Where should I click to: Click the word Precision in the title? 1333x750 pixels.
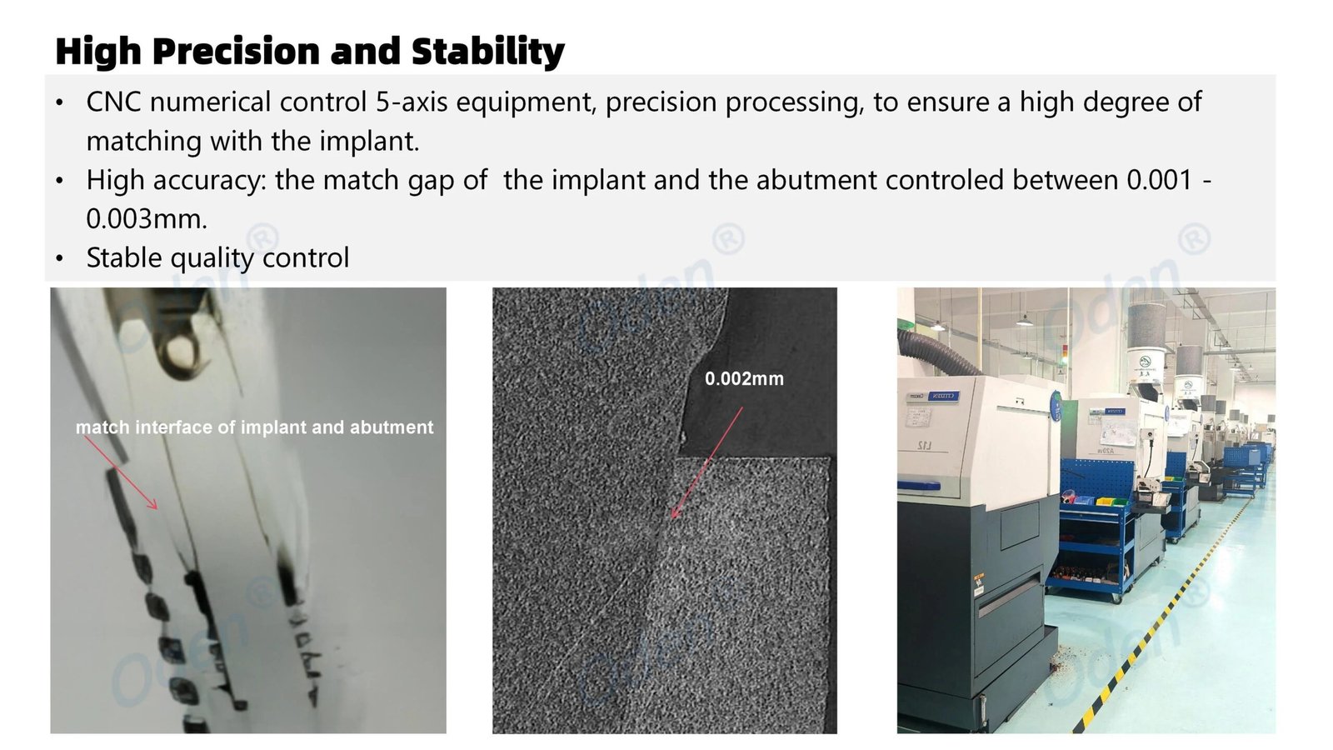pyautogui.click(x=237, y=52)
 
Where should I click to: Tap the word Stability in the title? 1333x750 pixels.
pyautogui.click(x=488, y=52)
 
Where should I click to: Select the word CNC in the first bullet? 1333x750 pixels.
pyautogui.click(x=113, y=102)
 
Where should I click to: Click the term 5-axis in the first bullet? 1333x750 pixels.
pyautogui.click(x=412, y=102)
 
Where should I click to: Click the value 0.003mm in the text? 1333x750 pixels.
pyautogui.click(x=147, y=219)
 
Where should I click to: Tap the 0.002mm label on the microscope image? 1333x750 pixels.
pyautogui.click(x=745, y=378)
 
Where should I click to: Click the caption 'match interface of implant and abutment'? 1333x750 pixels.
pyautogui.click(x=255, y=427)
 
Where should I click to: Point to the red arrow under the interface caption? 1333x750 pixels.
pyautogui.click(x=121, y=472)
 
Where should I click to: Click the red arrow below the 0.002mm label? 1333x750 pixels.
pyautogui.click(x=707, y=462)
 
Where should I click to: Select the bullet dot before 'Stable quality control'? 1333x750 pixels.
pyautogui.click(x=59, y=259)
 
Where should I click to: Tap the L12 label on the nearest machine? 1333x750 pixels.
pyautogui.click(x=924, y=445)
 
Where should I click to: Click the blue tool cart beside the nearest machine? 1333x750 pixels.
pyautogui.click(x=1095, y=530)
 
